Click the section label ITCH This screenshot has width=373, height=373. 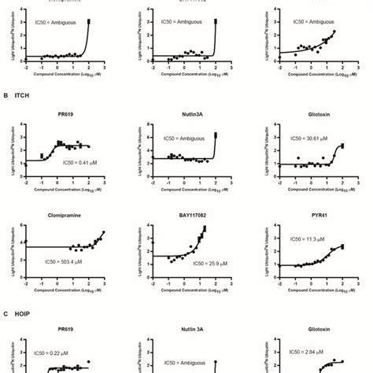[23, 96]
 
